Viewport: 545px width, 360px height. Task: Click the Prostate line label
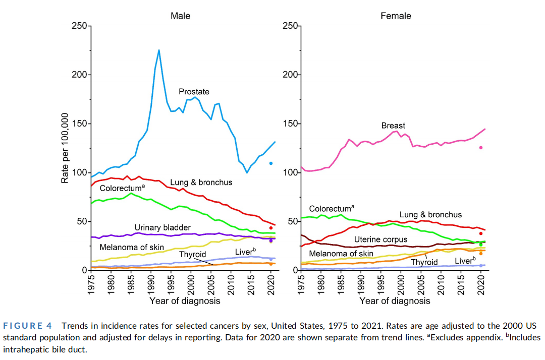click(194, 92)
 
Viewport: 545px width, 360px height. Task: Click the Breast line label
click(393, 125)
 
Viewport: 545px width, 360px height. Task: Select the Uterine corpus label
click(380, 239)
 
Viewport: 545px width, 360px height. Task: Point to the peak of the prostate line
click(159, 50)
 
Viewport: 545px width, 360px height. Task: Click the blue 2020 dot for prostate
click(271, 163)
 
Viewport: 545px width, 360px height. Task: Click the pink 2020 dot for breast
click(481, 147)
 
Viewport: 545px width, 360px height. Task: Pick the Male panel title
click(181, 16)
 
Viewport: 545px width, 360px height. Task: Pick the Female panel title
click(396, 16)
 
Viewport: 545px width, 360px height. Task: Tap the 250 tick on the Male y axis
click(80, 26)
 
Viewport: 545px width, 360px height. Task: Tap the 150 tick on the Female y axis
click(290, 124)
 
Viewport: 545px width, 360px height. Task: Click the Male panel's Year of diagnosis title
click(185, 301)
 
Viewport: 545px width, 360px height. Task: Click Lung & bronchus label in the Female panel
click(430, 215)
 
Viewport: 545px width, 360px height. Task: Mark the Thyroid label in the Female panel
click(424, 262)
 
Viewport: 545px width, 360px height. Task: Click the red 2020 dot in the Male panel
click(271, 228)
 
